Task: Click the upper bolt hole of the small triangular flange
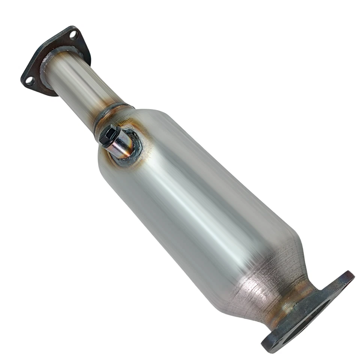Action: [73, 35]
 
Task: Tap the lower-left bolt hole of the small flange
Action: [30, 80]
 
